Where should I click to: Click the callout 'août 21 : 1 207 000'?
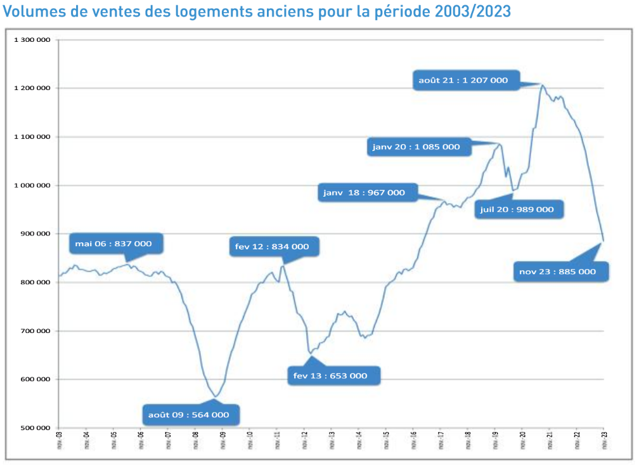tap(465, 80)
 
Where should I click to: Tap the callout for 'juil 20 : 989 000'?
tap(518, 209)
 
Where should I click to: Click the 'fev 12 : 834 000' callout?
tap(273, 246)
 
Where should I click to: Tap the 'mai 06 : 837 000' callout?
tap(114, 243)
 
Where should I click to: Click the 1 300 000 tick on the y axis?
tap(31, 40)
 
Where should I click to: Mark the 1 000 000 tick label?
tap(31, 185)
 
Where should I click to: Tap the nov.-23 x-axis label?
tap(604, 440)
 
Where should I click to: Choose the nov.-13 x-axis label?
tap(331, 440)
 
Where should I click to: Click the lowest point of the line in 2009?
tap(216, 397)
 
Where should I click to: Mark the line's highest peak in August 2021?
tap(542, 84)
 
